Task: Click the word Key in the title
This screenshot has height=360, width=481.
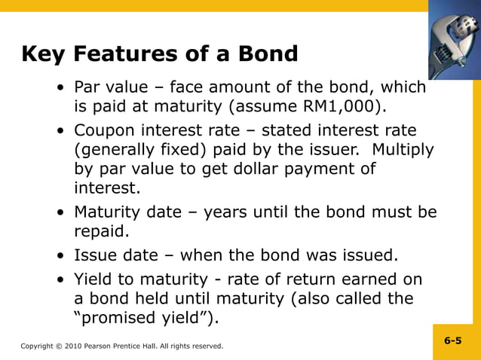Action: (44, 54)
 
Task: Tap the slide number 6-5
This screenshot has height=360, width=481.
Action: (452, 341)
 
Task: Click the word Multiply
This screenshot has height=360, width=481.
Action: (403, 149)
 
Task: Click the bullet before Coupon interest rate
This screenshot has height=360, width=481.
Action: (60, 131)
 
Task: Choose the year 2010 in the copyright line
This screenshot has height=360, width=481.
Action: (69, 346)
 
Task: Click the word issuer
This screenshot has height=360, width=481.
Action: (334, 149)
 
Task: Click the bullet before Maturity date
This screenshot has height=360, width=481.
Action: (60, 213)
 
